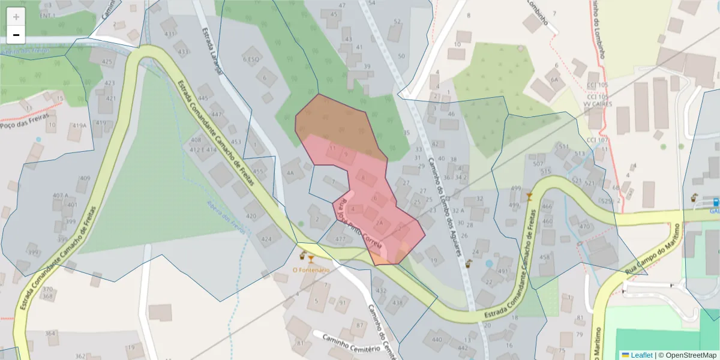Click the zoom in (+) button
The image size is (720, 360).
click(x=16, y=16)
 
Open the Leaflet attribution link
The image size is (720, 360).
click(x=641, y=355)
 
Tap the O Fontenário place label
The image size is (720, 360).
click(x=311, y=270)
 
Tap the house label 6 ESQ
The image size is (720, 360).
click(x=251, y=59)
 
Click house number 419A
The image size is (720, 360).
click(x=79, y=126)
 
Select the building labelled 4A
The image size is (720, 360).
click(x=292, y=173)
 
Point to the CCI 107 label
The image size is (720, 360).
click(x=598, y=140)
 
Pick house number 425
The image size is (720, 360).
click(x=107, y=62)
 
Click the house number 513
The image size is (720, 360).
click(x=579, y=154)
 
